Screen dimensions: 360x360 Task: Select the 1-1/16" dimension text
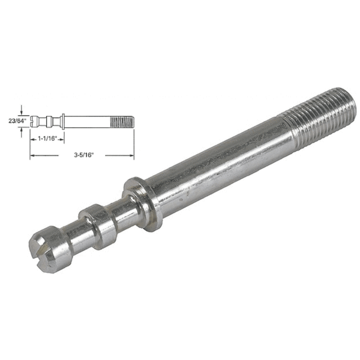coord(46,138)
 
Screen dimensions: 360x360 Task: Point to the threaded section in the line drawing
coord(122,121)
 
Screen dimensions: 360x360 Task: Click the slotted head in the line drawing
coord(35,121)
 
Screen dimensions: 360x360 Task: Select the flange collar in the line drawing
coord(62,121)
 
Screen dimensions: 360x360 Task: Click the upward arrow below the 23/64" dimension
coord(22,131)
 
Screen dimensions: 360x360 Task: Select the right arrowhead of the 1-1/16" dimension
coord(61,138)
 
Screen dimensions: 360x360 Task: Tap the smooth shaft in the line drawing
coord(87,121)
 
